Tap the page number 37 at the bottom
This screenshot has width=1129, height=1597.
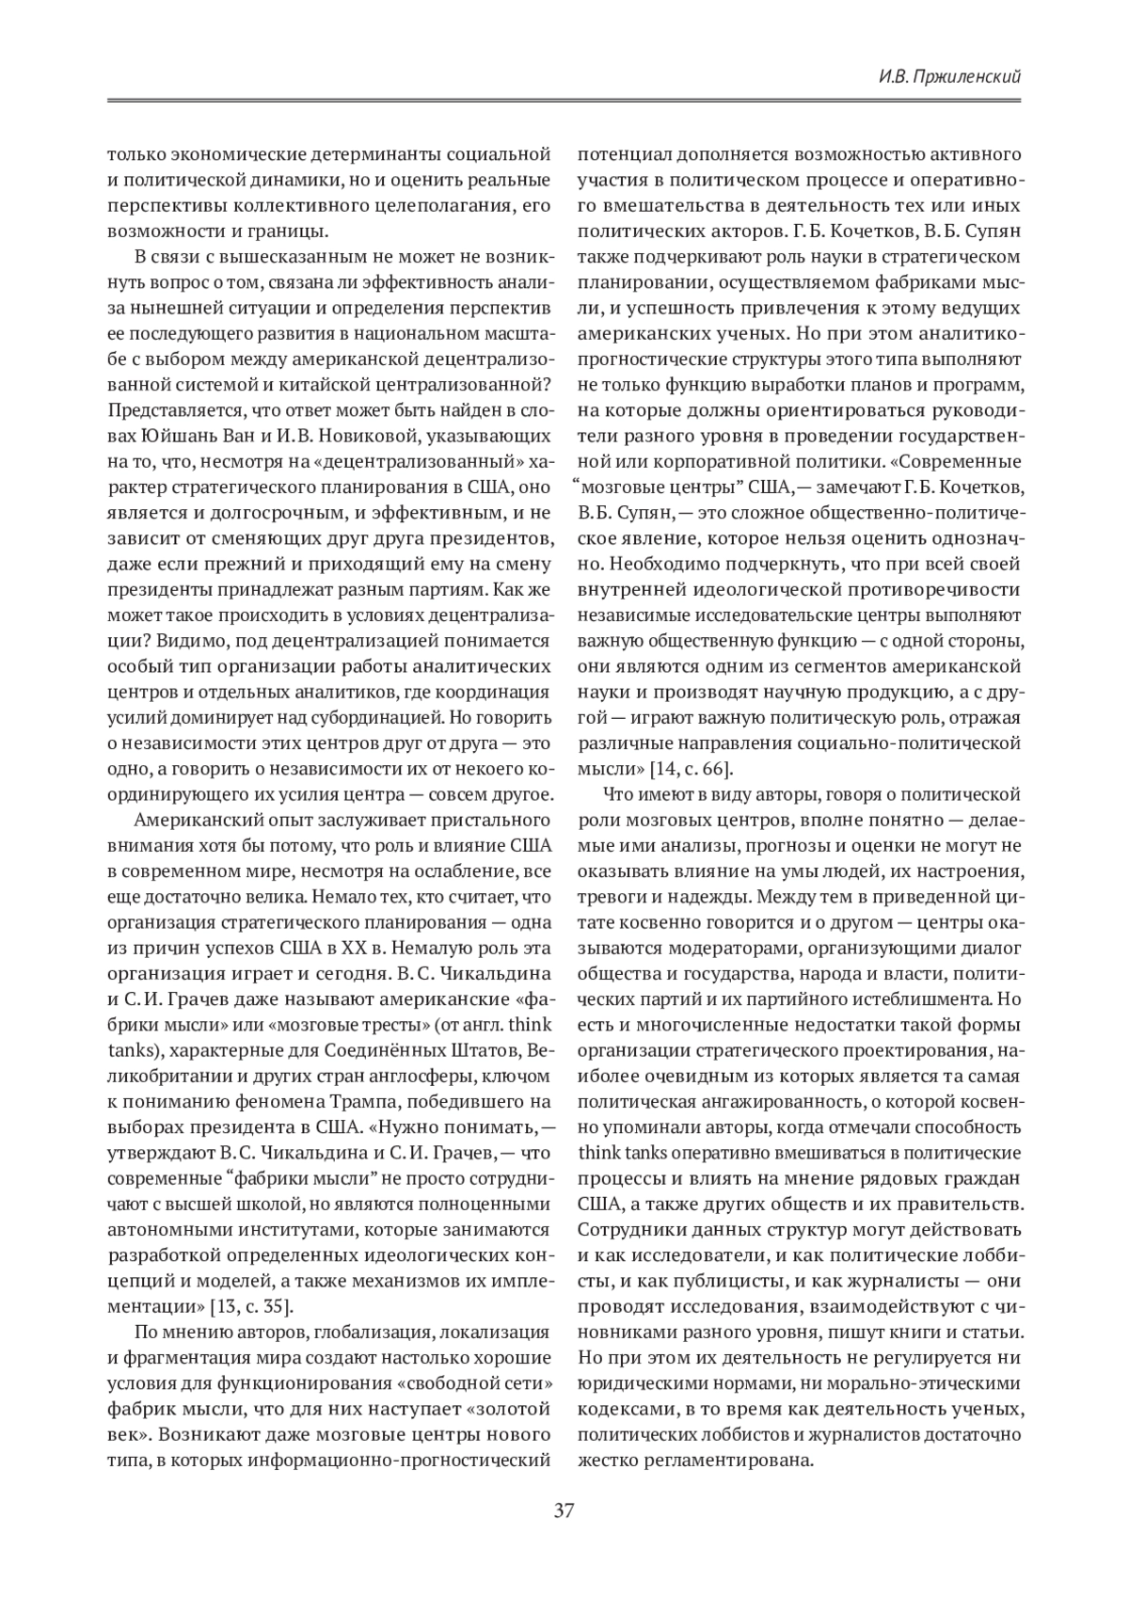564,1511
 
